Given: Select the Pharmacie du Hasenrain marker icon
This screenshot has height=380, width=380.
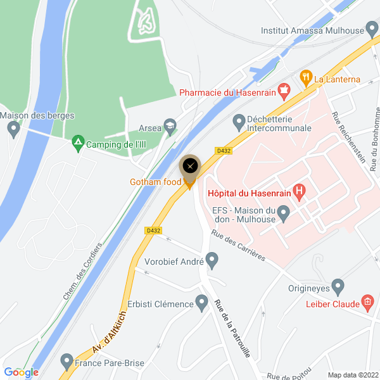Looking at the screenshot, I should click(x=284, y=92).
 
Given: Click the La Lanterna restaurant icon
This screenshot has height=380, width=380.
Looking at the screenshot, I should click(x=306, y=79).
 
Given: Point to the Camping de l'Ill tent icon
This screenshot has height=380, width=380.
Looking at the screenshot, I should click(x=78, y=143).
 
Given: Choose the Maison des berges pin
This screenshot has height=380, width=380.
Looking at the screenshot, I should click(x=13, y=129).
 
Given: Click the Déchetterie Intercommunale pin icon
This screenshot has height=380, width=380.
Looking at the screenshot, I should click(x=239, y=120).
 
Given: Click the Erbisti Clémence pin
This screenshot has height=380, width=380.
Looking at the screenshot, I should click(x=202, y=303).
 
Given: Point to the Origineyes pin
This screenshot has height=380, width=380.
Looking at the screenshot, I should click(x=338, y=288).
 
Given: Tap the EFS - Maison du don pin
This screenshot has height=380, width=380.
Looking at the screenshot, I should click(x=283, y=212).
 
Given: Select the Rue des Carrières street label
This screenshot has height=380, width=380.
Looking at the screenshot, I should click(x=237, y=247).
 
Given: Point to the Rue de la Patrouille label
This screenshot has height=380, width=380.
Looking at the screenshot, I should click(x=232, y=327).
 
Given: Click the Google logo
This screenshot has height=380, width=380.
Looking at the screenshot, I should click(x=22, y=372).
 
